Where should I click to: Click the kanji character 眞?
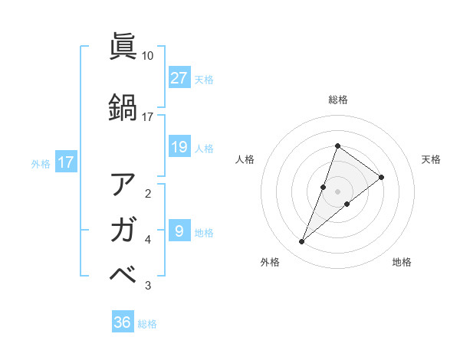click(123, 47)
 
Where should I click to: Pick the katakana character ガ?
click(123, 228)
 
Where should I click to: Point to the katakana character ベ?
click(123, 273)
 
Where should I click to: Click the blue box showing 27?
click(179, 78)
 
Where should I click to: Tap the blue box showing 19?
click(179, 147)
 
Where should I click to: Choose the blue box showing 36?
click(123, 322)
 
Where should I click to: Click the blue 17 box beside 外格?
click(65, 162)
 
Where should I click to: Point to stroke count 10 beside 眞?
click(148, 56)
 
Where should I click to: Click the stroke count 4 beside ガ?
click(148, 240)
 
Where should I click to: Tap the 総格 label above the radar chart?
click(338, 100)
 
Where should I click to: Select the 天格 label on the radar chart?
click(431, 159)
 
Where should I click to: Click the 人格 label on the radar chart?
click(245, 159)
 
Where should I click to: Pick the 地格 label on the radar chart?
click(402, 262)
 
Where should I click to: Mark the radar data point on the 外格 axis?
click(301, 242)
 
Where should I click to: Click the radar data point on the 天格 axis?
click(381, 177)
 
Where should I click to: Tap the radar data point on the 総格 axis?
click(338, 146)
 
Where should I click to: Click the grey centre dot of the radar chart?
click(338, 191)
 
